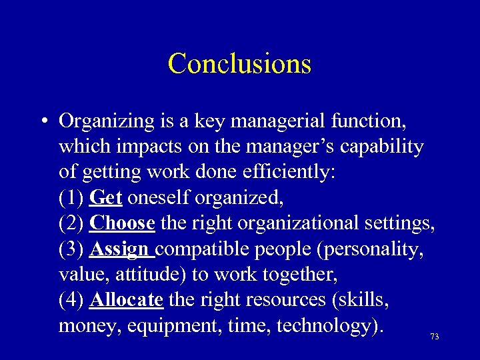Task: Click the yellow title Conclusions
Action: [x=240, y=64]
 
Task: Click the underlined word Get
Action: [x=106, y=198]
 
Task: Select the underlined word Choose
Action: [x=122, y=223]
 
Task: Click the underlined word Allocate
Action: [x=126, y=299]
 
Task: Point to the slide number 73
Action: [x=435, y=337]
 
